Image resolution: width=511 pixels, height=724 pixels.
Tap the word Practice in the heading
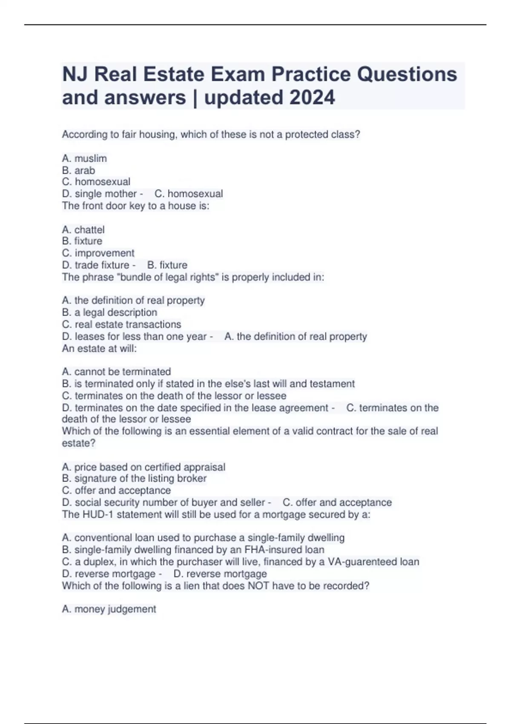point(311,74)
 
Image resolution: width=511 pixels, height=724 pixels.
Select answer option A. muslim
point(84,158)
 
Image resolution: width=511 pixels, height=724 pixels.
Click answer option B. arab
point(78,170)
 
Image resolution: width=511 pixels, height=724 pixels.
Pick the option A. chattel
point(83,230)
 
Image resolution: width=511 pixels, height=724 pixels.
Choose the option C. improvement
point(98,253)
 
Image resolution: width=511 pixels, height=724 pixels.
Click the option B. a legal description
point(109,312)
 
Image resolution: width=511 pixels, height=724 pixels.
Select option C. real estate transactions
point(121,324)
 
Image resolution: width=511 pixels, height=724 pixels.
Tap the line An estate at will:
point(99,348)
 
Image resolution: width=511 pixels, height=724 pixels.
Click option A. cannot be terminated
point(116,371)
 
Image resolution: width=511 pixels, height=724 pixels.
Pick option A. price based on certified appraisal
point(144,467)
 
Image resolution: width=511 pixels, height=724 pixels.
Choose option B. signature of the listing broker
point(134,478)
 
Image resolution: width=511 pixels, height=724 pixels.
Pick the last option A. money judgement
point(109,609)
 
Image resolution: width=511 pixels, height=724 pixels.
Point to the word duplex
point(99,562)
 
